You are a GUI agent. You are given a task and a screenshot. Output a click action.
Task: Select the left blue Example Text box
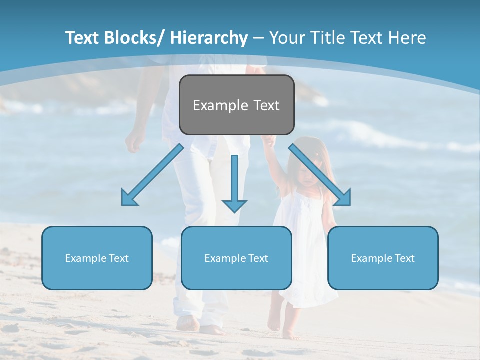coord(97,258)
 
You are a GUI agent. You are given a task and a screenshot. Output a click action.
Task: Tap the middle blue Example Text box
coord(236,258)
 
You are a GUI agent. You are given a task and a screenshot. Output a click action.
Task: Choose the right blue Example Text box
coord(383,258)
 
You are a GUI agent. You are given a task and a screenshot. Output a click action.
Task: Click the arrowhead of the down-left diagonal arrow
coord(129,199)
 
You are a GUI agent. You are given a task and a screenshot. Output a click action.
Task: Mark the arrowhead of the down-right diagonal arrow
coord(343,198)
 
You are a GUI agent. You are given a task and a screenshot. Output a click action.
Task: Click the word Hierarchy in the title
coord(209,38)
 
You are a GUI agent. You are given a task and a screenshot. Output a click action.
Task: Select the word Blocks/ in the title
coord(135,38)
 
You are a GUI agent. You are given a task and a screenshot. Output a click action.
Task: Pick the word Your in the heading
coord(287,38)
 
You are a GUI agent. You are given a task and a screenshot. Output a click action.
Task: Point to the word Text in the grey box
coord(266,105)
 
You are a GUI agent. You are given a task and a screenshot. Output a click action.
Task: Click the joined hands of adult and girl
coord(269,141)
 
